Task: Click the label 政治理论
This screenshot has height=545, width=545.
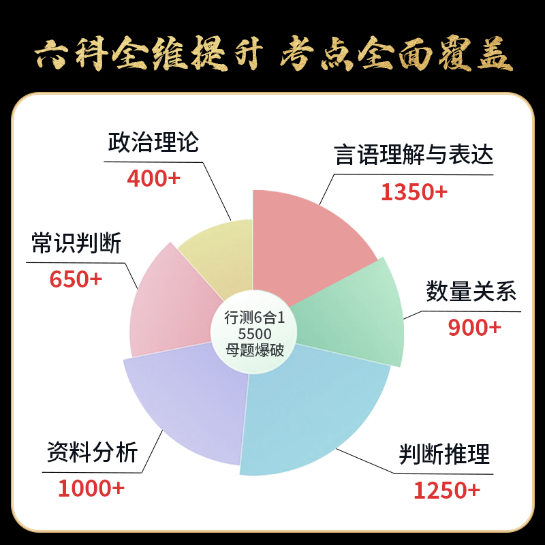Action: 153,143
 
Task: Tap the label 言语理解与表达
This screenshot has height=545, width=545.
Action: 414,155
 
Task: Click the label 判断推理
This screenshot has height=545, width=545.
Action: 444,453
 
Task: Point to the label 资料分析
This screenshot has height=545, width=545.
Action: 92,452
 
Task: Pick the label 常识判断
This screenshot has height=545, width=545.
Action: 76,244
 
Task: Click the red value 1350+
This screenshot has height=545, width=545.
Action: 414,192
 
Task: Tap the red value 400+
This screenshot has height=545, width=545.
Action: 153,178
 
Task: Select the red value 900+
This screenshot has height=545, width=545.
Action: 474,328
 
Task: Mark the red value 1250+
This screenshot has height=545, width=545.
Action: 447,490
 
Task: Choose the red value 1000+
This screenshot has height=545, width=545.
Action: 91,488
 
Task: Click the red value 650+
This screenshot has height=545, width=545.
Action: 76,279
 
